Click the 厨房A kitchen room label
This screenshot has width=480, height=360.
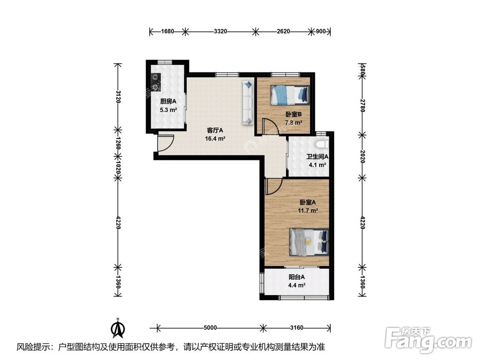point(168,101)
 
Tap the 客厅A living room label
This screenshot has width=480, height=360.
point(215,131)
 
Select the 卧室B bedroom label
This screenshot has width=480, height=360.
point(294,115)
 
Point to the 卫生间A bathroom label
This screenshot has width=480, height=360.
point(317,157)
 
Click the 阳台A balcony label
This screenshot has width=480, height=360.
point(297,277)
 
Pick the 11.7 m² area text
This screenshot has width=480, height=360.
point(308,211)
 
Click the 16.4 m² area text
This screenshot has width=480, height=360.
point(215,139)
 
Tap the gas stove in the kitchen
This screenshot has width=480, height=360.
point(156,82)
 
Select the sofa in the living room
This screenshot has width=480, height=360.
point(248,103)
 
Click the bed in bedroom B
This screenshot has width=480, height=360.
point(289,95)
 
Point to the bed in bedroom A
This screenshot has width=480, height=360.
point(309,242)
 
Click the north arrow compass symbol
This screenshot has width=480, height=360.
point(118,328)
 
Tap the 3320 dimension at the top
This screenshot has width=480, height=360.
point(220,31)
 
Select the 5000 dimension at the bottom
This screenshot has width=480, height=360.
point(210,328)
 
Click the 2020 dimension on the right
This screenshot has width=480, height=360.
point(362,156)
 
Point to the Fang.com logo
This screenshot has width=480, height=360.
point(428,340)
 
